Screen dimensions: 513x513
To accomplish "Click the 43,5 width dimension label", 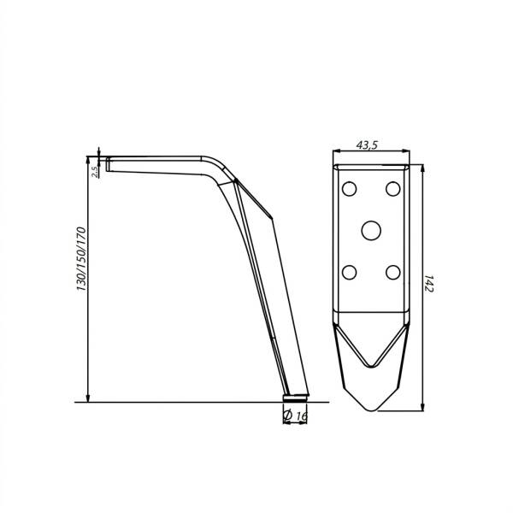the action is coord(367,144).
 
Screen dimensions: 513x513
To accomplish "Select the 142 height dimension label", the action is coord(429,284).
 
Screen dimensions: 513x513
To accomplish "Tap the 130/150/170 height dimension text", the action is coord(81,259).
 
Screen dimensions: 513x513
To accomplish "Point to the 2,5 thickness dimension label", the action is coord(95,172).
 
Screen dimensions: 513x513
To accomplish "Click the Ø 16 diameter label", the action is coord(296,416).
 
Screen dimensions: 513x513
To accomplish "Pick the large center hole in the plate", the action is coord(371,230).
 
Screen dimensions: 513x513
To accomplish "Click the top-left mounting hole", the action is coord(349,189).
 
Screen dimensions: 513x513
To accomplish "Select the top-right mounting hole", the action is coord(393,189).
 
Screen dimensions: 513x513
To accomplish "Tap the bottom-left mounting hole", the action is coord(349,272).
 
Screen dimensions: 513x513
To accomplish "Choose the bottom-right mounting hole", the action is coord(393,272).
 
